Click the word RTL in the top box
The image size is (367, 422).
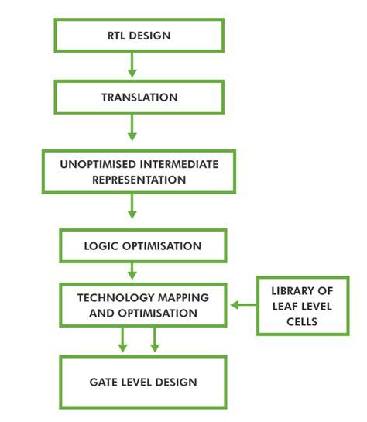pyautogui.click(x=116, y=36)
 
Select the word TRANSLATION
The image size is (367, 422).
pyautogui.click(x=139, y=97)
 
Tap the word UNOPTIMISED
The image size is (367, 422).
pyautogui.click(x=98, y=164)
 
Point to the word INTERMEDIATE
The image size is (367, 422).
pyautogui.click(x=179, y=164)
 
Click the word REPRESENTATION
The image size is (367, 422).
pyautogui.click(x=139, y=180)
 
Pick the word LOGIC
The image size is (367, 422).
pyautogui.click(x=101, y=246)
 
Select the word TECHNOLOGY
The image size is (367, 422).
pyautogui.click(x=115, y=297)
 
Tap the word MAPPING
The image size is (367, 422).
pyautogui.click(x=183, y=297)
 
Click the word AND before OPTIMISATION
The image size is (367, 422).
pyautogui.click(x=101, y=314)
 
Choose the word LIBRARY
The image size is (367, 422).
pyautogui.click(x=293, y=291)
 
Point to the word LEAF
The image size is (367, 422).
pyautogui.click(x=284, y=307)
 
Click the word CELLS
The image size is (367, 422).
pyautogui.click(x=302, y=321)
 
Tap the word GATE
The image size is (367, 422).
pyautogui.click(x=104, y=383)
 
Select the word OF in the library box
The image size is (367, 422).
pyautogui.click(x=325, y=291)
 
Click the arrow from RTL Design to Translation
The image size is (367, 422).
pyautogui.click(x=132, y=64)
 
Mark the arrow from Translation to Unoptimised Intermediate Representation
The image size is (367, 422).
pyautogui.click(x=132, y=127)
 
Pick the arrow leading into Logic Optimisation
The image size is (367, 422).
pyautogui.click(x=132, y=206)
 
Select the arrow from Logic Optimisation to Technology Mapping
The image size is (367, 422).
pyautogui.click(x=132, y=271)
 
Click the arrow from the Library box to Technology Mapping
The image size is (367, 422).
pyautogui.click(x=244, y=305)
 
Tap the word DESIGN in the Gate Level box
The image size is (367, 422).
pyautogui.click(x=176, y=383)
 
